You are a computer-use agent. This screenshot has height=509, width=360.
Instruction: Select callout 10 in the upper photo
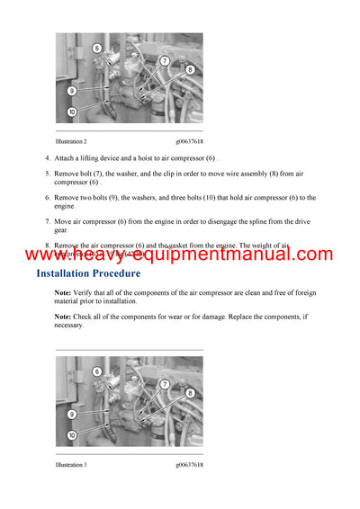click(71, 112)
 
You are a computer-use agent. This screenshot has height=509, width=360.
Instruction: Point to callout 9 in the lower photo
click(71, 415)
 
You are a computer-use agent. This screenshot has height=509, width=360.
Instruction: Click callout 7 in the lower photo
click(165, 384)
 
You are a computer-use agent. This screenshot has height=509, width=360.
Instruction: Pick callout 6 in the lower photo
click(97, 371)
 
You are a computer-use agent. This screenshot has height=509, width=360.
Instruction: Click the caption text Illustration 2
click(71, 141)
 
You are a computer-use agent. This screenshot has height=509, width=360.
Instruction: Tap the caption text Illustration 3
click(71, 465)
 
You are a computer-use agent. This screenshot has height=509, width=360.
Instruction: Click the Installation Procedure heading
click(87, 272)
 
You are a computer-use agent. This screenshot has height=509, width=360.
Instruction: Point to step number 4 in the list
click(47, 158)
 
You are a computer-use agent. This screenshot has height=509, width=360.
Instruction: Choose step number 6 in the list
click(47, 197)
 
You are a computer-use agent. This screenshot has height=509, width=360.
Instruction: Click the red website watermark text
click(180, 254)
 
